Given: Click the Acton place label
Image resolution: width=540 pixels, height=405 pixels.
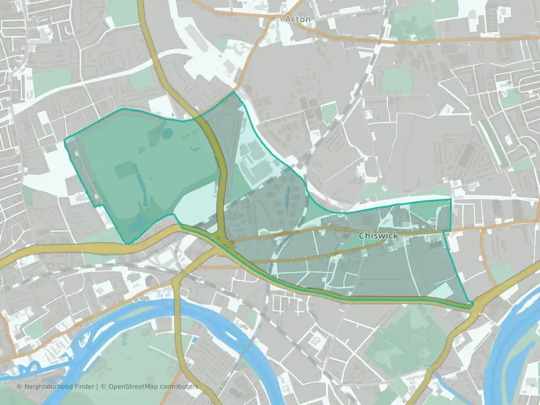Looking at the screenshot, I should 298,19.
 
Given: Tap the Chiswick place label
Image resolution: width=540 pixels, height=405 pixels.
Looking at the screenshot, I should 378,236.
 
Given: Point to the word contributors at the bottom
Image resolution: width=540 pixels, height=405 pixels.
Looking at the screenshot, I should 178,386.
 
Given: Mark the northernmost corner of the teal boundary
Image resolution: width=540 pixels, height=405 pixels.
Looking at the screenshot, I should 234,92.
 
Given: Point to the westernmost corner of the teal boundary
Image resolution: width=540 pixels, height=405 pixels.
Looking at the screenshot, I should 65,139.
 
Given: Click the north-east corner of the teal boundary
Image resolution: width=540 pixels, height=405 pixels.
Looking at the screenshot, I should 451,199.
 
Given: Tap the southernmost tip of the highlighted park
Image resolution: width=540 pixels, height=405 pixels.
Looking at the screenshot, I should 130,244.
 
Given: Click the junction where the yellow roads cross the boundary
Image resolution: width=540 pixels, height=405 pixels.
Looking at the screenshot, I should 225,243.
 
